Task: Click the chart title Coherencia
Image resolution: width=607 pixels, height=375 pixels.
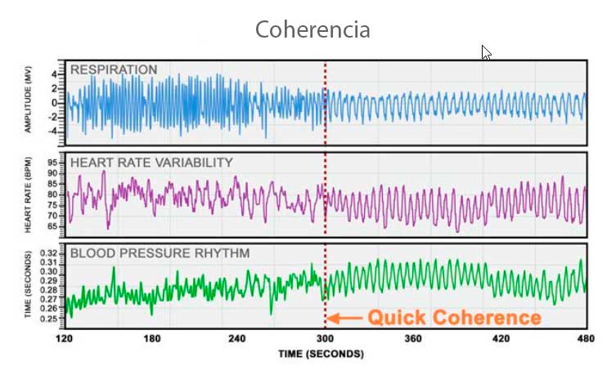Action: click(312, 30)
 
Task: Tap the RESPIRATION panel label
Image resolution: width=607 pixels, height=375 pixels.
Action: click(114, 69)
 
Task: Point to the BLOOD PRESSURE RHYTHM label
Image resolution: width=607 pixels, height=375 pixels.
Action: click(147, 253)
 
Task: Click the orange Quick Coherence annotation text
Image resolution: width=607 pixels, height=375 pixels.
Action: click(454, 317)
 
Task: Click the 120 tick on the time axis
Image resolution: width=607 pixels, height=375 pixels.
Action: click(65, 338)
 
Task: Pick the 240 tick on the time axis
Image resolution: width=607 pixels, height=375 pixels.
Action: click(238, 338)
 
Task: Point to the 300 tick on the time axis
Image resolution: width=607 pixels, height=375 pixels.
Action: click(326, 338)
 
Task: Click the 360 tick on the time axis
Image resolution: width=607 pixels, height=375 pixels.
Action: click(412, 338)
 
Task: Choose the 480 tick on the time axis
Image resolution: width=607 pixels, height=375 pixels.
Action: click(586, 338)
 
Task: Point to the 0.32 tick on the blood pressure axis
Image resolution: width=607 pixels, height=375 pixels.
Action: click(48, 253)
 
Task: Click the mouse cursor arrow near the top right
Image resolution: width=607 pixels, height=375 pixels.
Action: click(486, 52)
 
